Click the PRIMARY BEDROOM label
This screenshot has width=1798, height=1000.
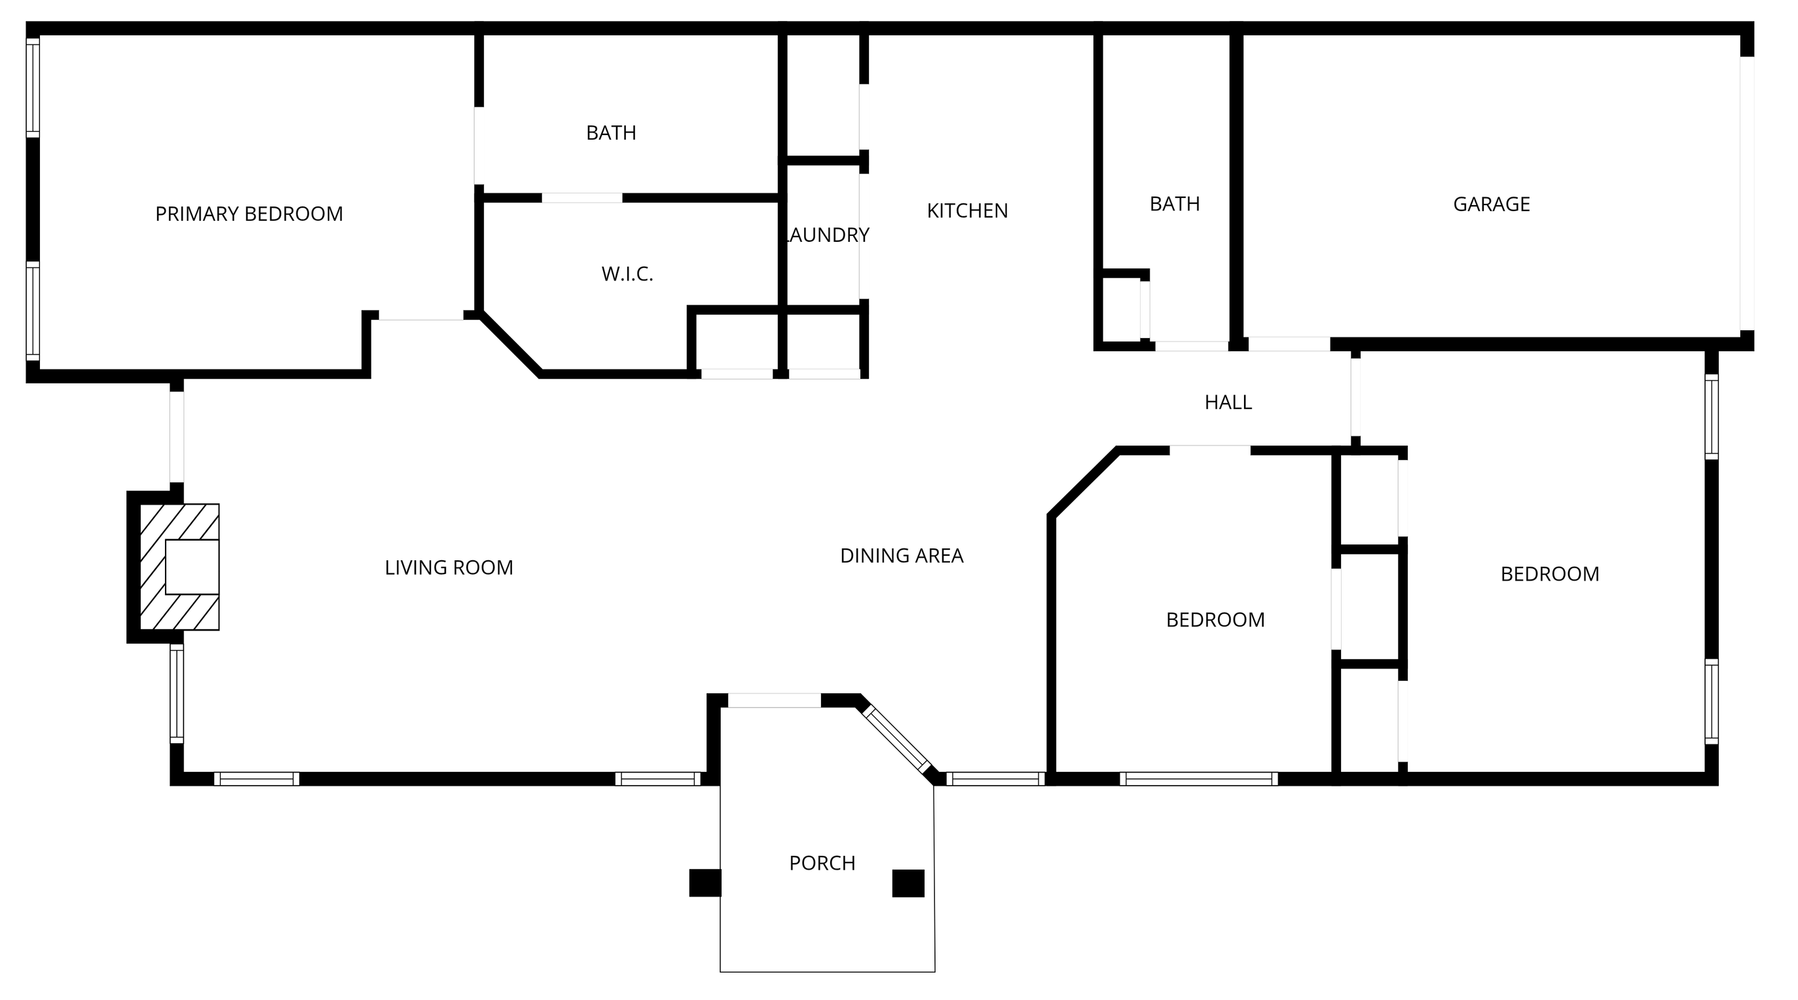pos(249,214)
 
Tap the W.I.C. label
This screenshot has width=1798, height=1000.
pos(627,274)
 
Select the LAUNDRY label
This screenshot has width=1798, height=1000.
pos(828,235)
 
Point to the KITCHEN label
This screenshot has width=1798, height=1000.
pos(967,210)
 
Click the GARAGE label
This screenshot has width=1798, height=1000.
pos(1492,204)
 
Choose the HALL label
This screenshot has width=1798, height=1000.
pos(1228,402)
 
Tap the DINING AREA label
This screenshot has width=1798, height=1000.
pos(902,555)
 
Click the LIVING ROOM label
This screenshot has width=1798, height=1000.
pos(449,567)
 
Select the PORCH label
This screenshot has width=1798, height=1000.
pos(822,862)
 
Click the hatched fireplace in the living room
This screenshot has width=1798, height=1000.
pos(180,566)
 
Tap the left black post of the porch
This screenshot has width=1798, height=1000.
pos(705,883)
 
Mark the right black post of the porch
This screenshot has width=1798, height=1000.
pos(908,883)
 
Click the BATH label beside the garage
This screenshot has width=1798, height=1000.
pos(1175,203)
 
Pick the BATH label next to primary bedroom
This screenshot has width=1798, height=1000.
pos(611,132)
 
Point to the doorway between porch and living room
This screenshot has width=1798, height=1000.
pos(774,701)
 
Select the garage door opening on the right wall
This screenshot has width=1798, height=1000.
pos(1747,193)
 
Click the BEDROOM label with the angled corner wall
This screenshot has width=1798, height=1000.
pos(1215,619)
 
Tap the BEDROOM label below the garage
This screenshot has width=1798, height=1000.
pos(1550,573)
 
